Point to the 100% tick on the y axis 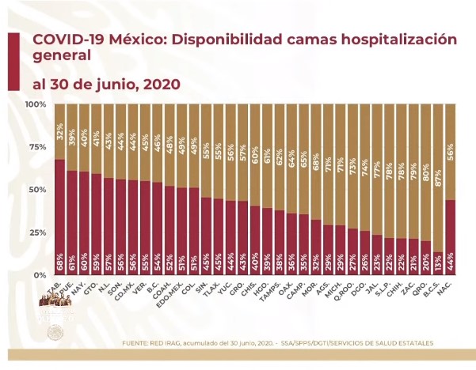pos(34,104)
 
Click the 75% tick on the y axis pos(36,147)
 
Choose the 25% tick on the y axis pos(36,232)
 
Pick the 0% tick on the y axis pos(39,274)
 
